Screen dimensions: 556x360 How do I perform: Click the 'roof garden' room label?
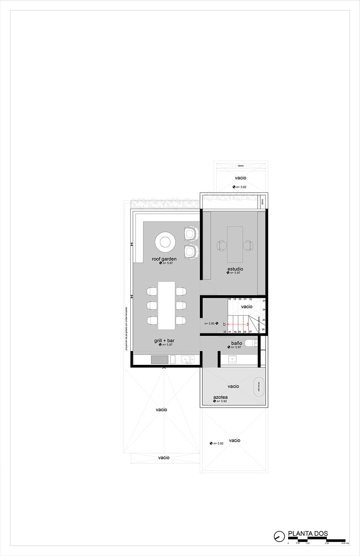(x=164, y=259)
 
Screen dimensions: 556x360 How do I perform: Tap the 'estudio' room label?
(x=235, y=269)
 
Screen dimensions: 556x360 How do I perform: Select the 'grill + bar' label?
(x=164, y=341)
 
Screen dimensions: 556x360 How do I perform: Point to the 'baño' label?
(x=236, y=343)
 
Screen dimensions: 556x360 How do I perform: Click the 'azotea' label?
(x=220, y=397)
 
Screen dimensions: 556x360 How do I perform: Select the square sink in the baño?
(x=233, y=359)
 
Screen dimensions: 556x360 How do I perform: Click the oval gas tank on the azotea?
(x=259, y=387)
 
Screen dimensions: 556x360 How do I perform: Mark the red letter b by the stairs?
(x=224, y=324)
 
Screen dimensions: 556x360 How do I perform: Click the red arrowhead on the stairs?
(x=248, y=324)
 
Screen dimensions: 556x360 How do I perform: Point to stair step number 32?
(x=225, y=332)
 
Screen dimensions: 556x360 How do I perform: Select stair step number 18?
(x=230, y=299)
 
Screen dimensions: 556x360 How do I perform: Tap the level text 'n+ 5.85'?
(x=210, y=323)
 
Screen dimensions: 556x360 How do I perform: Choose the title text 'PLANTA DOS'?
(x=308, y=534)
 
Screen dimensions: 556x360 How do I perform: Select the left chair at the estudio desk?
(x=222, y=245)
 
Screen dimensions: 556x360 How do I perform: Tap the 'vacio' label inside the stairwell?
(x=247, y=307)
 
